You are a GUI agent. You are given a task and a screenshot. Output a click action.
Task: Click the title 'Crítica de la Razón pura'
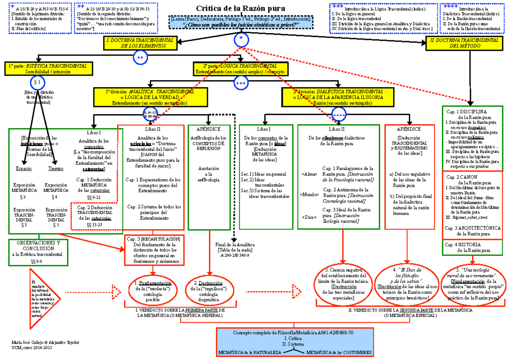[240, 9]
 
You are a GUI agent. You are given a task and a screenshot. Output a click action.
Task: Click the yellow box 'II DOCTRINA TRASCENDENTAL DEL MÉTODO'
[465, 43]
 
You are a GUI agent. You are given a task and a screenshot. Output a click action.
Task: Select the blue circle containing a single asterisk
[241, 39]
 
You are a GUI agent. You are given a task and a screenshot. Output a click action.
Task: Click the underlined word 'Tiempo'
[56, 169]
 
